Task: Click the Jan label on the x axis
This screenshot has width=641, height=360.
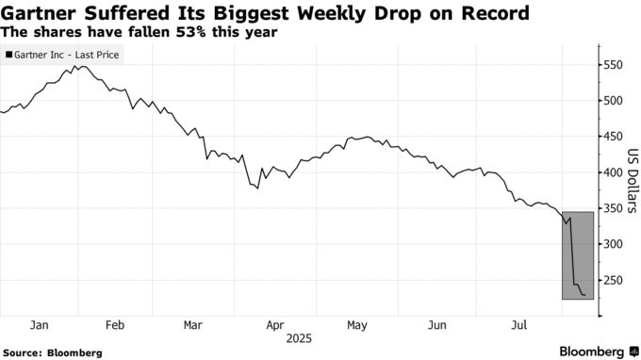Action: tap(39, 324)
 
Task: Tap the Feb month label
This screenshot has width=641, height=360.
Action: tap(116, 324)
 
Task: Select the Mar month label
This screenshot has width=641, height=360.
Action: tap(192, 324)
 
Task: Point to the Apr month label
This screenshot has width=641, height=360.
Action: tap(275, 324)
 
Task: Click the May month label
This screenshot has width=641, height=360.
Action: tap(356, 324)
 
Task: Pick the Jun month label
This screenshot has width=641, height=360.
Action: tap(437, 324)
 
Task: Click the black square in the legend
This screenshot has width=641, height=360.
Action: tap(9, 55)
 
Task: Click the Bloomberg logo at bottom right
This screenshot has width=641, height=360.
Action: tap(592, 352)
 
